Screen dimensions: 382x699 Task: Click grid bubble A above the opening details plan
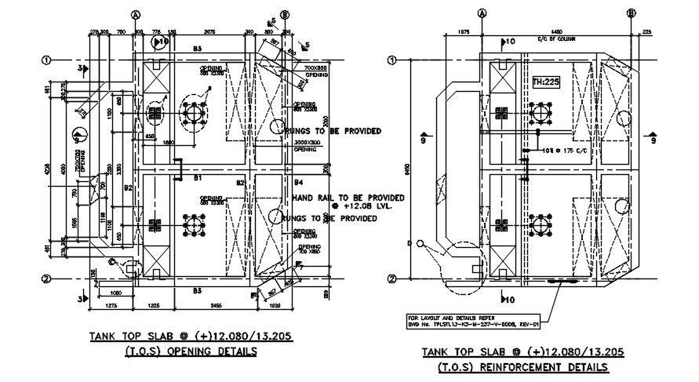[136, 14]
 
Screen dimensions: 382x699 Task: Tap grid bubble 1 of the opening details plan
[46, 60]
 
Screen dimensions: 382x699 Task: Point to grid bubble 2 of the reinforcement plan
[394, 278]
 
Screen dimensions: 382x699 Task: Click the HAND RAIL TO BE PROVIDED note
[349, 197]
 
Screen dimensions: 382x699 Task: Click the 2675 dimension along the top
[209, 32]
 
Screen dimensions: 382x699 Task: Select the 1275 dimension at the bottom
[111, 304]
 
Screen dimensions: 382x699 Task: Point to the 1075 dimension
[462, 31]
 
